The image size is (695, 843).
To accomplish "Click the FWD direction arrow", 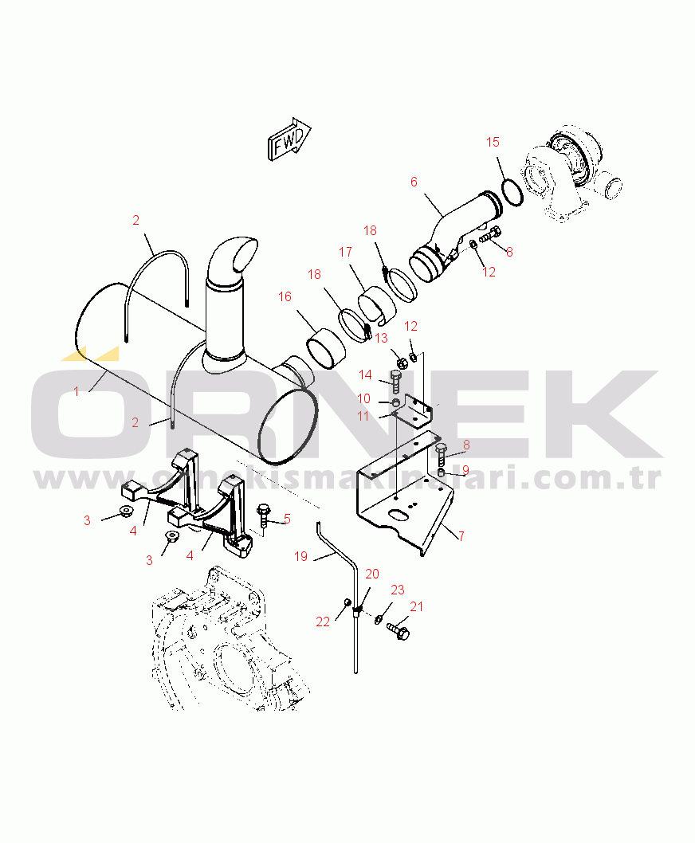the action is tap(289, 139).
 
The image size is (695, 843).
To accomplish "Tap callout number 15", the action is tap(493, 142).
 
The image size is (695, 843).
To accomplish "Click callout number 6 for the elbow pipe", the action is tap(414, 182).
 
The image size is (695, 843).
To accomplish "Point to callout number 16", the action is tap(285, 296).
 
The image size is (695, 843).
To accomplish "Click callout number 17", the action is tap(345, 252).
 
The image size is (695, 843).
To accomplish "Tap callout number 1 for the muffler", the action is tap(77, 391).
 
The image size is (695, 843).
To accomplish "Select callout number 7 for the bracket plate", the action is tap(461, 535).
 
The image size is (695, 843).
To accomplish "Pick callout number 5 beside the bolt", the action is tap(287, 519).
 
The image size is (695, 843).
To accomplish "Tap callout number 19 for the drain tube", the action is tap(300, 556).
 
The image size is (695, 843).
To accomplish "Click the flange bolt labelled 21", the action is tap(398, 630).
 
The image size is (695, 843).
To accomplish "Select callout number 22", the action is tap(323, 621).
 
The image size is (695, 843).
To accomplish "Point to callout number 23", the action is tap(398, 590).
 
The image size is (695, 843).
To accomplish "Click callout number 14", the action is tap(365, 374).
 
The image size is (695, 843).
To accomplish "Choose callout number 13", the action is tap(382, 338).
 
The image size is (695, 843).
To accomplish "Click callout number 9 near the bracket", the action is tap(465, 470).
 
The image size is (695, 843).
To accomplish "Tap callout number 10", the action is tap(363, 398).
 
